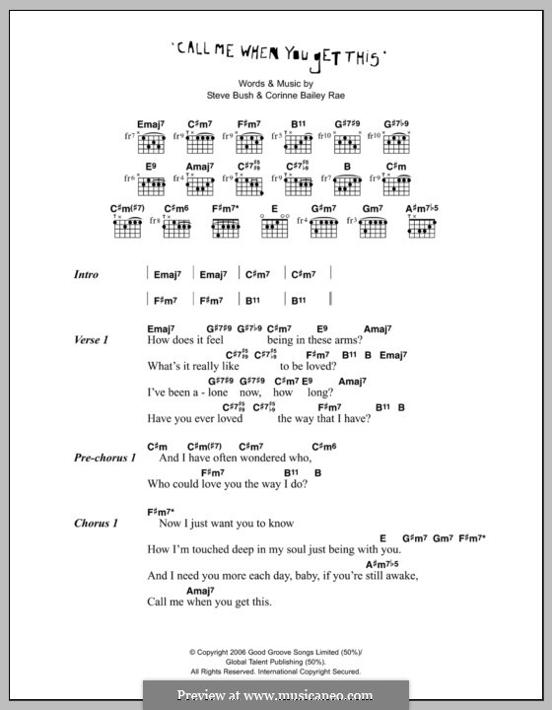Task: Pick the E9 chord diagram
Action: [x=151, y=185]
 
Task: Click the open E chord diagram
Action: [x=273, y=229]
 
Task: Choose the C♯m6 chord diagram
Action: [x=177, y=229]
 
